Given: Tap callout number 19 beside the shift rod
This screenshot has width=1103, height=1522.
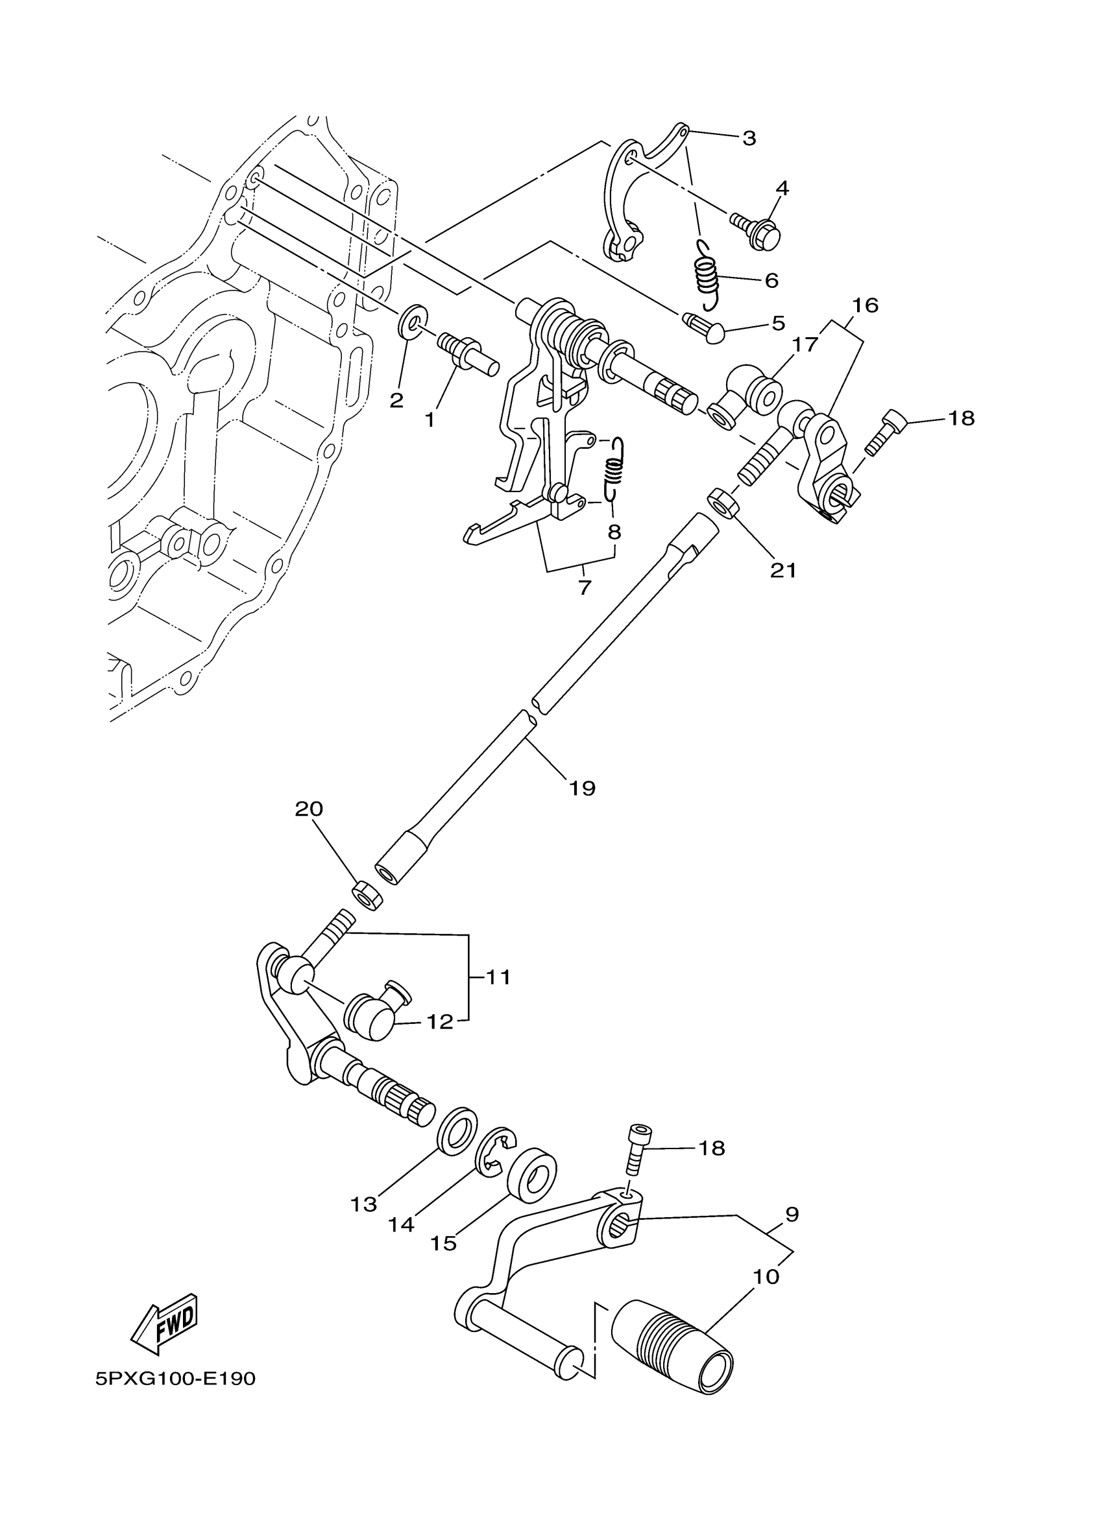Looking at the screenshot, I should [582, 787].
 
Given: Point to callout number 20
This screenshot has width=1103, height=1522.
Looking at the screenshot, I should [309, 809].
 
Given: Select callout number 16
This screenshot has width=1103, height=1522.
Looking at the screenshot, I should [866, 305].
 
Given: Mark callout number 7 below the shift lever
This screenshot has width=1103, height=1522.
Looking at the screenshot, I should [585, 588].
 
